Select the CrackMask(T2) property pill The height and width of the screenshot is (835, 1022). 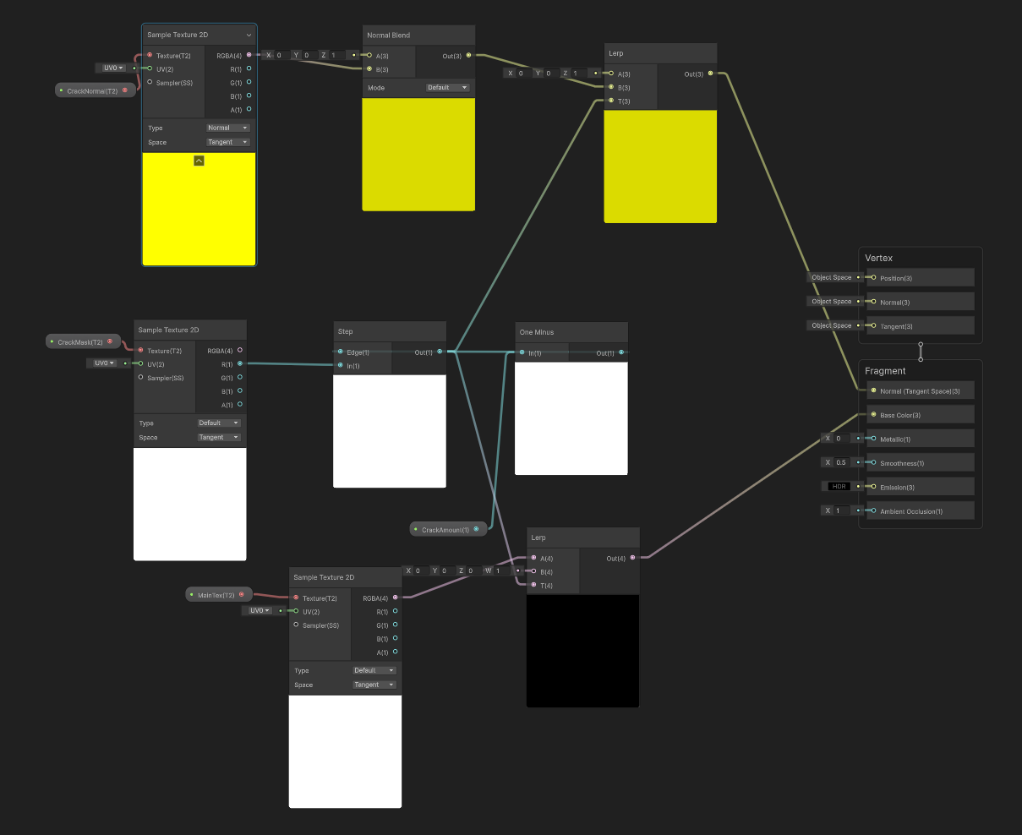[80, 342]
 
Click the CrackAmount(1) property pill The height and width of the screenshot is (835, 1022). [445, 530]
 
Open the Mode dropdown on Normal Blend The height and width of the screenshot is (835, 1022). [447, 88]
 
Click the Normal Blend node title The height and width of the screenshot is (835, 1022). [389, 35]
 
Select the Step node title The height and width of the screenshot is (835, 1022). [346, 331]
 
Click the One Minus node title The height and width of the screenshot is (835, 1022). [537, 332]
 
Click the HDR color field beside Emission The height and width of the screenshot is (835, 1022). [839, 486]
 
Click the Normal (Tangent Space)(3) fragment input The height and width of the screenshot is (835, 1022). [920, 391]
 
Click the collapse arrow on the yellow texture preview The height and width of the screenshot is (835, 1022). [199, 161]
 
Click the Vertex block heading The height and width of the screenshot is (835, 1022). [878, 258]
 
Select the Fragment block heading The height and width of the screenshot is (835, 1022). [885, 371]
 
